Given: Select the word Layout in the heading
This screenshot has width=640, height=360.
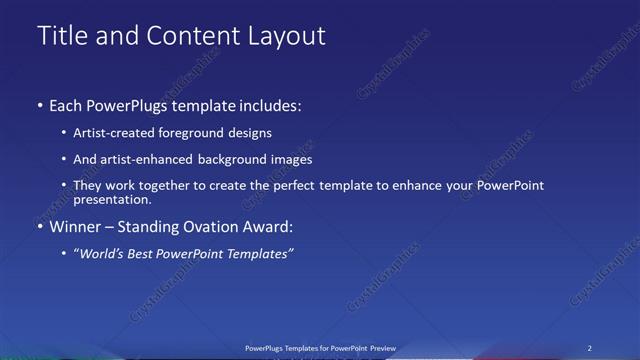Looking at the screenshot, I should (x=285, y=36).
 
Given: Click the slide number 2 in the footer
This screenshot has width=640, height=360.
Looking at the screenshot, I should (x=590, y=348).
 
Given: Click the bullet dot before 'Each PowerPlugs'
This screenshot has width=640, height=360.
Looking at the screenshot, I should (x=40, y=105).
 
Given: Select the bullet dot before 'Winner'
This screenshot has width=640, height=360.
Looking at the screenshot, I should (x=40, y=227).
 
